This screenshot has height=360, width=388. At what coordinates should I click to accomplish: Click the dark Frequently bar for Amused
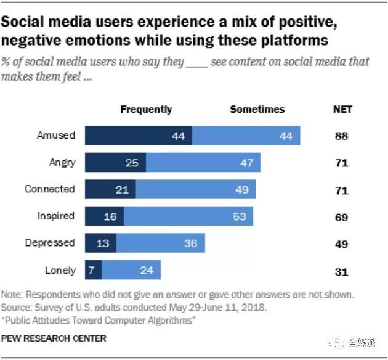[x=138, y=136]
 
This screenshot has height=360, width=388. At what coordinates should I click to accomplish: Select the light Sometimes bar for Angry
[x=203, y=163]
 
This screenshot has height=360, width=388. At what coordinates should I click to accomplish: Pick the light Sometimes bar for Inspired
[x=188, y=216]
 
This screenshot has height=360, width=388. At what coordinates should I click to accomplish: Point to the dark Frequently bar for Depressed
[x=100, y=243]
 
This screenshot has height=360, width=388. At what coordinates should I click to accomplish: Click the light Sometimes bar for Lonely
[x=131, y=270]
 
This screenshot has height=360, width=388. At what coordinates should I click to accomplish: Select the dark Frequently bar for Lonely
[x=93, y=270]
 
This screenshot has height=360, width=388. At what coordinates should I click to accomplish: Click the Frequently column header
[x=146, y=109]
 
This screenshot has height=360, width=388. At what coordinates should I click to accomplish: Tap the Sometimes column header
[x=257, y=109]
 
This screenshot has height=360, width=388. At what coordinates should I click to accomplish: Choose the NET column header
[x=342, y=109]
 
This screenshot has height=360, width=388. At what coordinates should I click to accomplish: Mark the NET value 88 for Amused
[x=342, y=136]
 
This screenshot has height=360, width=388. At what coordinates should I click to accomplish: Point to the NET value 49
[x=342, y=244]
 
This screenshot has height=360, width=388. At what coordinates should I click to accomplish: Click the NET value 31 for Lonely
[x=342, y=271]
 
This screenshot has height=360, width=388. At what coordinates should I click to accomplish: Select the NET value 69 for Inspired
[x=342, y=218]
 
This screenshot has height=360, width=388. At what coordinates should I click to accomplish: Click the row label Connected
[x=50, y=189]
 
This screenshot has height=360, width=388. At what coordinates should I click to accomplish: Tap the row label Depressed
[x=50, y=243]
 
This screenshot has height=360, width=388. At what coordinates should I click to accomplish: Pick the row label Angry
[x=62, y=163]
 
